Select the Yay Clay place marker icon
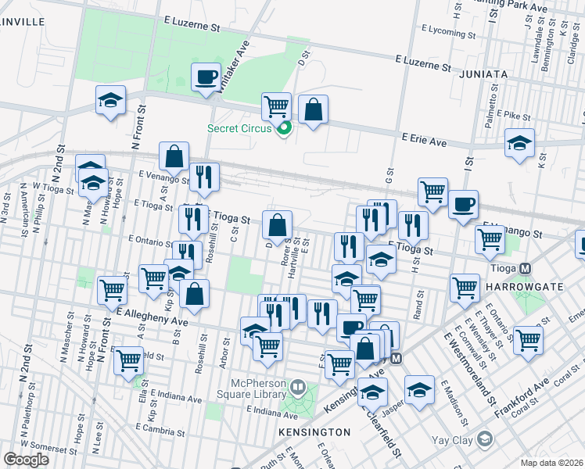click(x=485, y=439)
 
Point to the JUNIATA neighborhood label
click(x=485, y=74)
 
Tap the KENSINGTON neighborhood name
click(x=313, y=432)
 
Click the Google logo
click(x=26, y=460)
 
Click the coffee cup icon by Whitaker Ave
click(x=206, y=77)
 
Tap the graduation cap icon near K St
click(x=519, y=144)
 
